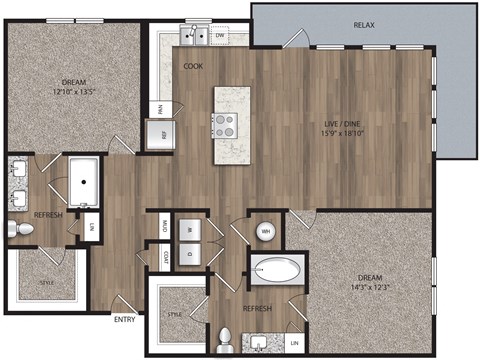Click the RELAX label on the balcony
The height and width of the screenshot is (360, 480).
point(364,23)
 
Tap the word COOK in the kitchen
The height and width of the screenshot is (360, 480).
point(194,66)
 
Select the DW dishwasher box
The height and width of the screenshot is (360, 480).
point(220,36)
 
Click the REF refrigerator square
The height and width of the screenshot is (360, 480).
point(158,134)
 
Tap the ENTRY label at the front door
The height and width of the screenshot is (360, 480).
point(125,320)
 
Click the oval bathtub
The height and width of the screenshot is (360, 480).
point(277,270)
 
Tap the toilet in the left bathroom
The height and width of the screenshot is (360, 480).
point(22,230)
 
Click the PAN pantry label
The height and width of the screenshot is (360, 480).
point(158,107)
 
